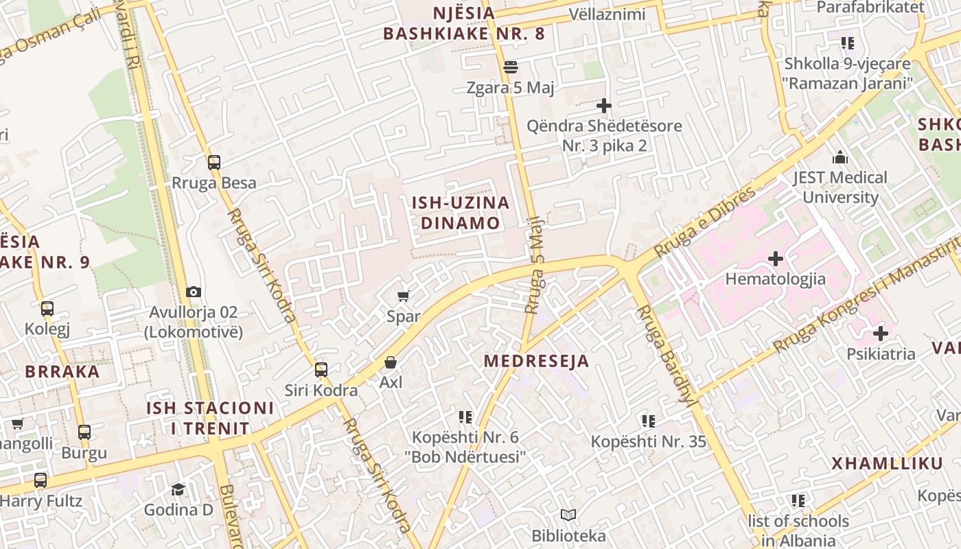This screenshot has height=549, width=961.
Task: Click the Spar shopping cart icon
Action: coord(404,296)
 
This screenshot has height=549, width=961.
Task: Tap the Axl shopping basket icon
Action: coord(391,362)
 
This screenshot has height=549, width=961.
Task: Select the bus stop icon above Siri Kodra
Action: coord(321,370)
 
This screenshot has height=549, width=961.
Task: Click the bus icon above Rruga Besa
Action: coord(214,163)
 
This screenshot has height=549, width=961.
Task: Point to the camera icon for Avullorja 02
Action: coord(194,292)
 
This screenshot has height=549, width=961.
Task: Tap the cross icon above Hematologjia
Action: coord(776,259)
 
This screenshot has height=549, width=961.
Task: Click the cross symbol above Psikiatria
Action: coord(880,334)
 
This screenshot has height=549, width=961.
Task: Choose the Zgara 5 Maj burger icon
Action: coord(510,67)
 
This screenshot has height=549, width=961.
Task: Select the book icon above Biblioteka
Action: coord(568,515)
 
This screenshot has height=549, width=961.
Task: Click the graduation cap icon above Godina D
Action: coord(178,489)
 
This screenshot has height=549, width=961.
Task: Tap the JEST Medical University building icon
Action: coord(840,157)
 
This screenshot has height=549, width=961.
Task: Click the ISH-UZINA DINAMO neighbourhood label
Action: coord(461,213)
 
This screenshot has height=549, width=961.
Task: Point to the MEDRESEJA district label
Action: coord(536,361)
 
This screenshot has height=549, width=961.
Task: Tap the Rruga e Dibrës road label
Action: coord(707,221)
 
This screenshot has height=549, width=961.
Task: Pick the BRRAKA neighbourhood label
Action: coord(62,371)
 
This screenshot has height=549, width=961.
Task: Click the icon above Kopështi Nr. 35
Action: coord(648,421)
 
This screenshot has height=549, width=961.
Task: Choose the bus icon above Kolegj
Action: coord(47,309)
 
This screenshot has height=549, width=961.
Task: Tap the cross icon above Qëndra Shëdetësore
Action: coord(604,106)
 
